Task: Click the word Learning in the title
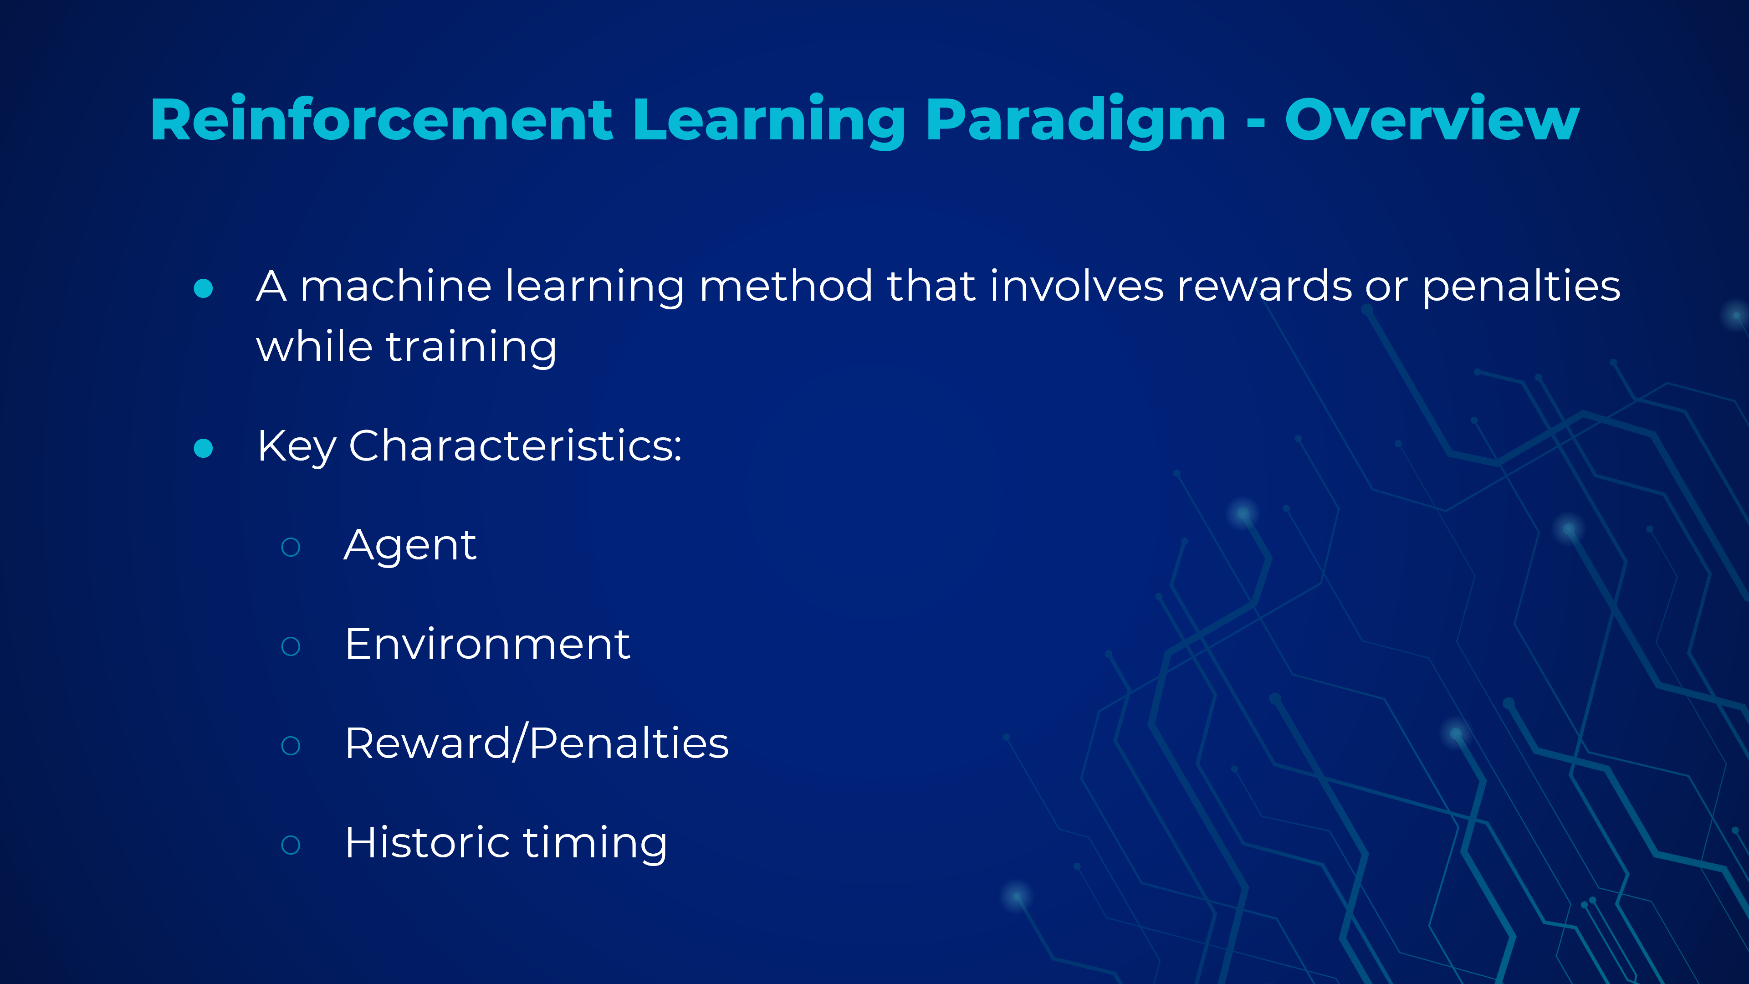click(x=768, y=122)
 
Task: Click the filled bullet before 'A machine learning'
click(x=203, y=288)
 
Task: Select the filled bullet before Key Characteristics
click(x=203, y=448)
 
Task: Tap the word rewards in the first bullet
click(x=1264, y=287)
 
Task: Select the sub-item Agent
click(x=410, y=547)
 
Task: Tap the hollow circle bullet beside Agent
click(x=291, y=547)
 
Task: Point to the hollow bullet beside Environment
click(x=291, y=646)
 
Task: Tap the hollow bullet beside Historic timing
click(x=291, y=845)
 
